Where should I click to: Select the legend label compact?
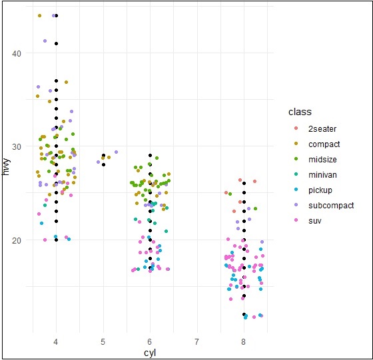[324, 144]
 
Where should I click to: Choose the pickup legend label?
[320, 190]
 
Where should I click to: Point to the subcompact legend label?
[331, 205]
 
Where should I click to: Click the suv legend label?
[315, 220]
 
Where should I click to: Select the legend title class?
[295, 112]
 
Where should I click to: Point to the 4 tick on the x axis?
[56, 341]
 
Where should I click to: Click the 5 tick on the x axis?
[103, 341]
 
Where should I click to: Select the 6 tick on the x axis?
[150, 341]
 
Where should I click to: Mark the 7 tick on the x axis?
[197, 341]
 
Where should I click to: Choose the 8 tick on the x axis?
[244, 341]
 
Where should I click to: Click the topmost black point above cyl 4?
[56, 15]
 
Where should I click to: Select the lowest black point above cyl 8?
[244, 315]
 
